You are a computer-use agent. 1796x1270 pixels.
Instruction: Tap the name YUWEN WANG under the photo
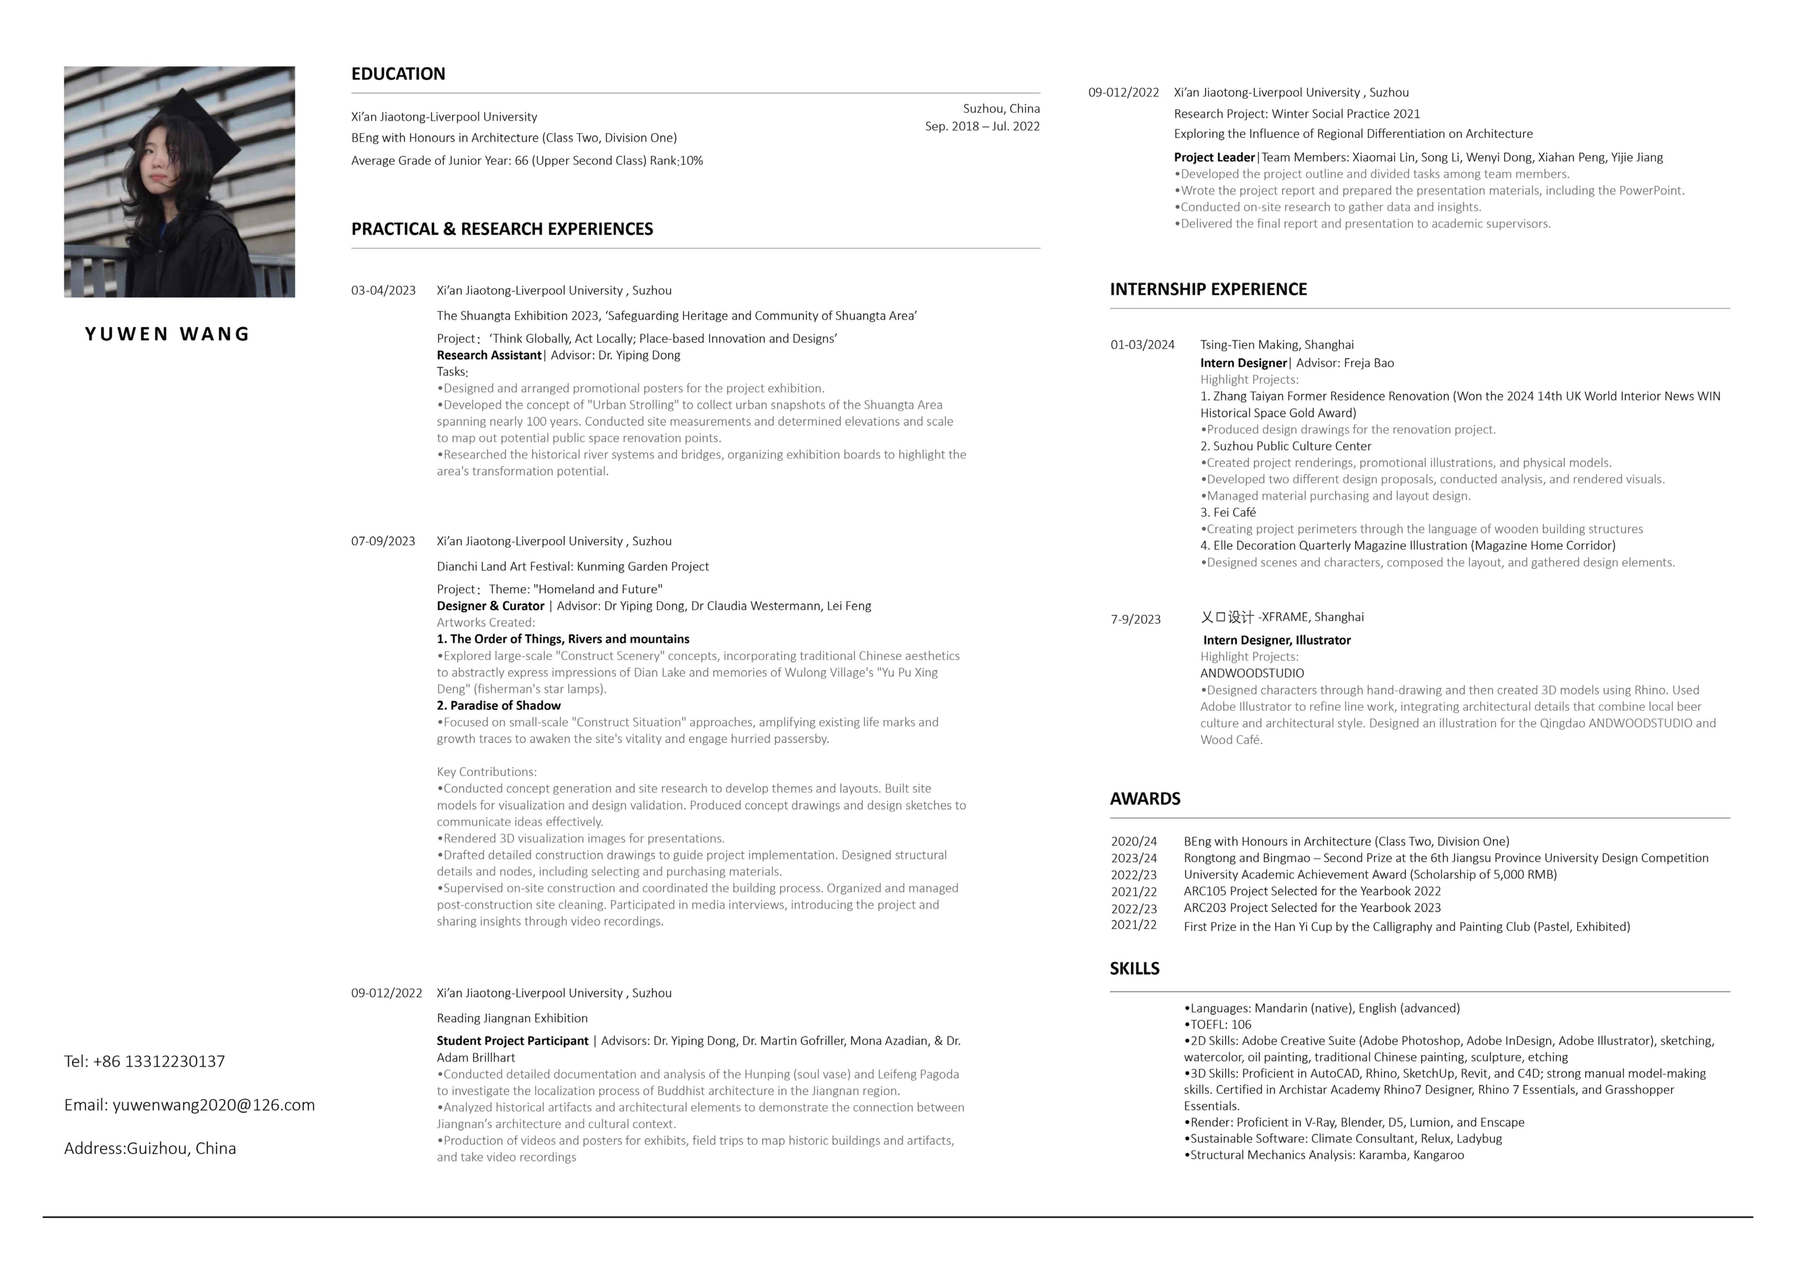(167, 334)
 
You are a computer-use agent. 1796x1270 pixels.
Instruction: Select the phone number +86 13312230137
(159, 1061)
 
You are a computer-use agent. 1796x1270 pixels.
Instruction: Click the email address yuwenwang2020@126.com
(213, 1105)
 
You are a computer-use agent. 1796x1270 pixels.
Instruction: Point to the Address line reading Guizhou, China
(150, 1148)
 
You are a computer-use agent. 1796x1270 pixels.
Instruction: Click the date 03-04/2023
(383, 290)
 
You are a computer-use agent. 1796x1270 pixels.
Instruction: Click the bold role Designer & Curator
(491, 606)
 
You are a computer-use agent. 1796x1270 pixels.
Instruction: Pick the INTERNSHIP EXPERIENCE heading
(1208, 290)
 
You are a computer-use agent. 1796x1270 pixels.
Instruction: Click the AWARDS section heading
(1144, 799)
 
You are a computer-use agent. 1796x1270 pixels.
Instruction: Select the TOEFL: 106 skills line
(1220, 1024)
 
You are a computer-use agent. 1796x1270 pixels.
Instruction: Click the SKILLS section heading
(1134, 969)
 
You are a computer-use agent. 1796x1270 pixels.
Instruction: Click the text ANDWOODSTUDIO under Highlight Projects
(1252, 673)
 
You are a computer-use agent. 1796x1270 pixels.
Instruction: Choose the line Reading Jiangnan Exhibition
(511, 1018)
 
